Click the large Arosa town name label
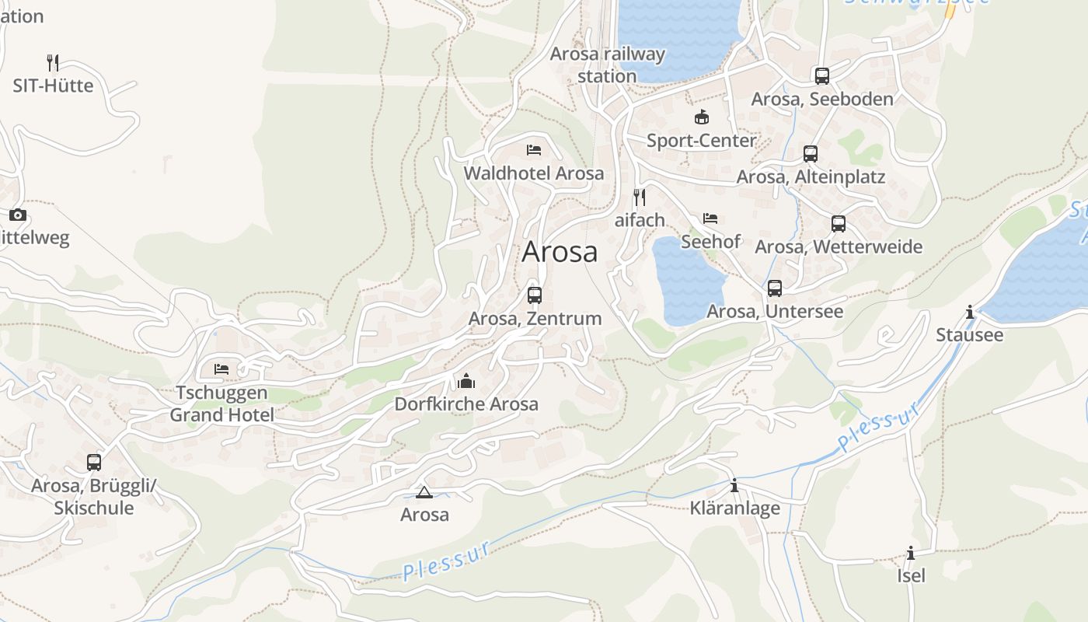tap(560, 252)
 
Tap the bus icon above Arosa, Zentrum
tap(535, 295)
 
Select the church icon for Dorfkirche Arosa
tap(466, 381)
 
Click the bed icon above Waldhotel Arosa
tap(533, 150)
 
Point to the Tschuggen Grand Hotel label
tap(221, 404)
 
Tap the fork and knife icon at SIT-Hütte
tap(53, 62)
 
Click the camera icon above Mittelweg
tap(17, 215)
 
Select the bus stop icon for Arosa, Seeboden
tap(822, 75)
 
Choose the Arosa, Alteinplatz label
tap(810, 177)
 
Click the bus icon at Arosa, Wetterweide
tap(839, 224)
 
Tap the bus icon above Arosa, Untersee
tap(775, 288)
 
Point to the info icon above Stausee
tap(969, 313)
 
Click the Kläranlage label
tap(734, 508)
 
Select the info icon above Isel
tap(911, 554)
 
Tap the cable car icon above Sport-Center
tap(702, 117)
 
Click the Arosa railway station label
tap(607, 65)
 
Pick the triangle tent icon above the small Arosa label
tap(424, 492)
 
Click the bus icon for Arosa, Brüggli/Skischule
tap(94, 463)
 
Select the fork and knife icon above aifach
tap(640, 197)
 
